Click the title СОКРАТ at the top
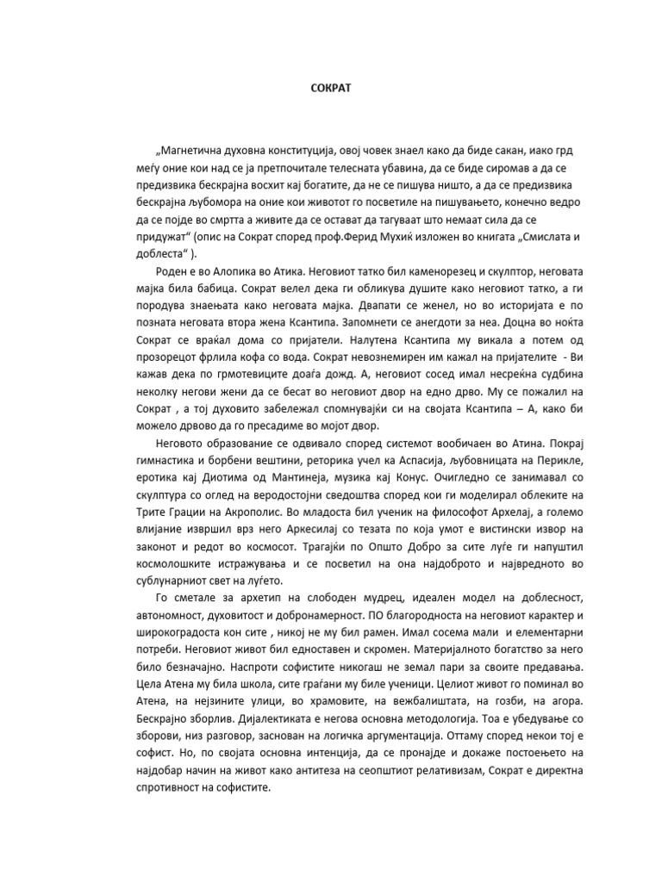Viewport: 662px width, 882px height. pos(330,87)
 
